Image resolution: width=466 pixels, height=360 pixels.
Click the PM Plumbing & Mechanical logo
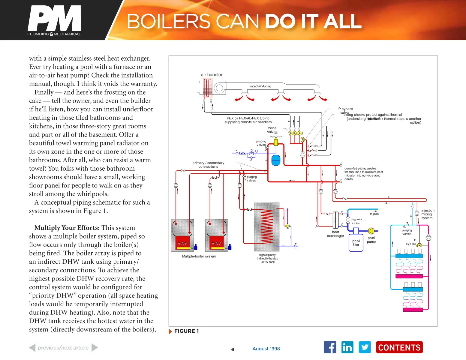[x=54, y=21]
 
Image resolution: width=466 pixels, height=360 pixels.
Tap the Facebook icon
[x=330, y=347]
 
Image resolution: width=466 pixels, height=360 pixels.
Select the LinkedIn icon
[x=347, y=347]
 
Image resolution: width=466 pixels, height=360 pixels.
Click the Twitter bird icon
[x=365, y=347]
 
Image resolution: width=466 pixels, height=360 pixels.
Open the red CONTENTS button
[x=399, y=347]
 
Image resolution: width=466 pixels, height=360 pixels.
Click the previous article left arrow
[x=32, y=348]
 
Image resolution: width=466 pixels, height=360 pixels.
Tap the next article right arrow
[x=95, y=348]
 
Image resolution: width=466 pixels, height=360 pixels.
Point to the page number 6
[x=233, y=349]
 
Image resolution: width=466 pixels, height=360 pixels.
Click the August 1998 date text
[x=266, y=349]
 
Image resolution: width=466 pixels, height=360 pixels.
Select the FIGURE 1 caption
[x=186, y=331]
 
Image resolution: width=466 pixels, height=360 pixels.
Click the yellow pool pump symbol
[x=371, y=231]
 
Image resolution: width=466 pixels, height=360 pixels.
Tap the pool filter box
[x=356, y=242]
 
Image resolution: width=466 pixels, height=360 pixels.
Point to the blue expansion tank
[x=276, y=160]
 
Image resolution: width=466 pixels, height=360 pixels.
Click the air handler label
[x=212, y=75]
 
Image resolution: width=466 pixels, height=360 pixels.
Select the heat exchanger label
[x=335, y=234]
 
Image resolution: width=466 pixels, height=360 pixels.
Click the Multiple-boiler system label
[x=199, y=256]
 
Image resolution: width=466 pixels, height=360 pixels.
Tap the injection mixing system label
[x=428, y=214]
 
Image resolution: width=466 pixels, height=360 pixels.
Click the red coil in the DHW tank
[x=266, y=226]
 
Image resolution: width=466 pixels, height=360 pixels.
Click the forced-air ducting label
[x=260, y=86]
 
